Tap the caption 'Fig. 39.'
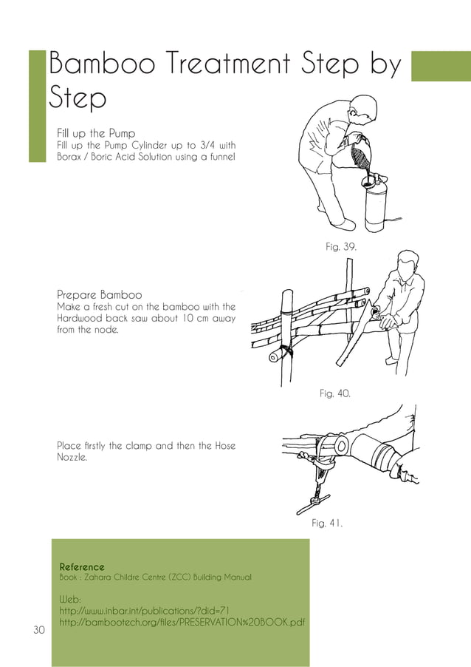point(341,247)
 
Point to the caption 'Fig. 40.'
point(334,394)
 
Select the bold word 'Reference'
point(82,566)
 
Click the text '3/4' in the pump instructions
point(209,145)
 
